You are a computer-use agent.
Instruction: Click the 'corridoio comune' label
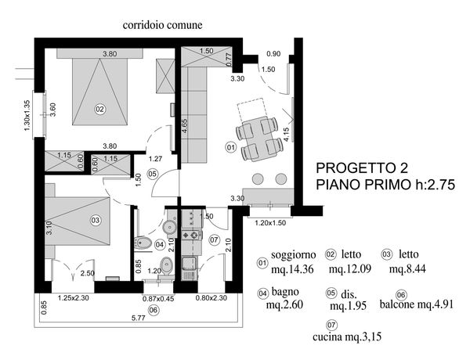162,25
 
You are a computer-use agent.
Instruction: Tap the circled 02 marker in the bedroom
99,109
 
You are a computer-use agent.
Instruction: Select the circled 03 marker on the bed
96,221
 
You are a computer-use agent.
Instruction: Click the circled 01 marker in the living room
231,147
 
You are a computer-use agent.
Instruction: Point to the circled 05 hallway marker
153,174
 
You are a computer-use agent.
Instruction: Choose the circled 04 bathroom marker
160,245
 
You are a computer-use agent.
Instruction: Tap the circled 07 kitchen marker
214,240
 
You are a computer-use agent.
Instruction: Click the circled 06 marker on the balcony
154,310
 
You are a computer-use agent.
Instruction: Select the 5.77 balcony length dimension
138,318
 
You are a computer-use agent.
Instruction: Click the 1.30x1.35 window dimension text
27,115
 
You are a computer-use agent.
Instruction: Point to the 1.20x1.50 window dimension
270,223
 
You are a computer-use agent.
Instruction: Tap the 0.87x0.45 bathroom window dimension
158,299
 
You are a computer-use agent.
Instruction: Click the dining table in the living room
259,139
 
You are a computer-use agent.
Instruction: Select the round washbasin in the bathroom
170,227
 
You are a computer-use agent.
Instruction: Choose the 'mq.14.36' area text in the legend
292,269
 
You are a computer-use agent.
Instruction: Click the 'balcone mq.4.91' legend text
417,304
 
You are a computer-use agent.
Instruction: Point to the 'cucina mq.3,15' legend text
347,337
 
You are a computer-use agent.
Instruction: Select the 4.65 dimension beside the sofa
185,128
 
